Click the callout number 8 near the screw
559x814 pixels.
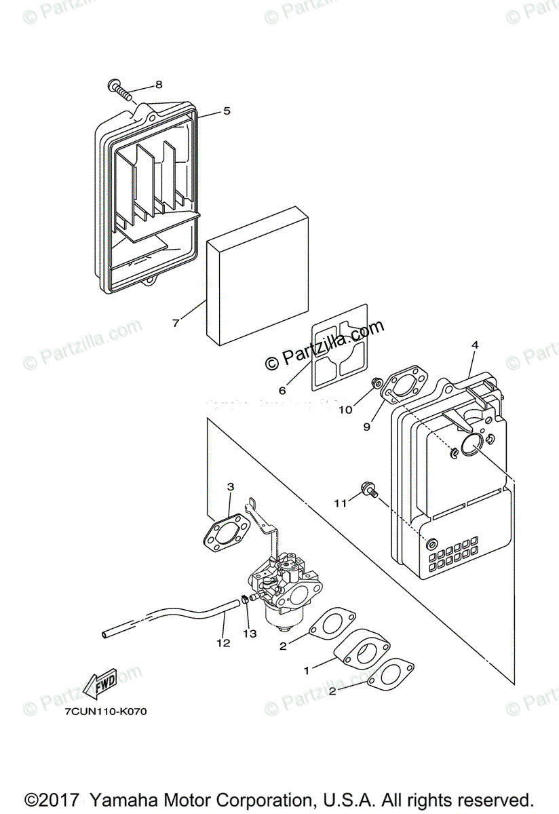159,85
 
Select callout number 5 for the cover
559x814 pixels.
227,111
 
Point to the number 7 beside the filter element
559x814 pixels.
176,324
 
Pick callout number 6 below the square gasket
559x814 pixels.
282,390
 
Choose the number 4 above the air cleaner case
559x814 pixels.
475,345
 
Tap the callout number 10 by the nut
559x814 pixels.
346,410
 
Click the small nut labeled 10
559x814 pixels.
374,386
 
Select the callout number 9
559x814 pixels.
367,427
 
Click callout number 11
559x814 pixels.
340,503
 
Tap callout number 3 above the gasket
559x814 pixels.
231,486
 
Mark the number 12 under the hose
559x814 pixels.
223,642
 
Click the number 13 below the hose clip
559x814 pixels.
250,634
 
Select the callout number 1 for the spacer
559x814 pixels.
307,670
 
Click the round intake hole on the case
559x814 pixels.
471,446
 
